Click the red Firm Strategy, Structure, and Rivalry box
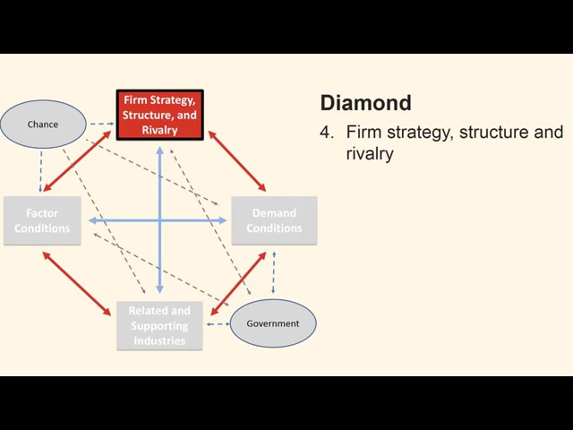coord(160,115)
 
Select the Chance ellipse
coord(43,125)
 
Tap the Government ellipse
coord(273,322)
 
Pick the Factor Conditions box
coord(41,220)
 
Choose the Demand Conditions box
coord(274,220)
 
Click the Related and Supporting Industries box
coord(159,325)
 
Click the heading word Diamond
coord(365,102)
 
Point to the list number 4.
coord(326,133)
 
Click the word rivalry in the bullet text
coord(370,154)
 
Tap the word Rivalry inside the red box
coord(160,130)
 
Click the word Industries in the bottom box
coord(159,340)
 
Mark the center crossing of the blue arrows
coord(160,219)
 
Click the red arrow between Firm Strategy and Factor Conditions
coord(78,162)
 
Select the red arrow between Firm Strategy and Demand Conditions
coord(237,161)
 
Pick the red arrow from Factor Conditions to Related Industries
coord(79,284)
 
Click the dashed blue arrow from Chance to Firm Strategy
coord(100,123)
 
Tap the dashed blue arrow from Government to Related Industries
coord(217,323)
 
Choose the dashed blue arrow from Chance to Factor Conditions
coord(41,171)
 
